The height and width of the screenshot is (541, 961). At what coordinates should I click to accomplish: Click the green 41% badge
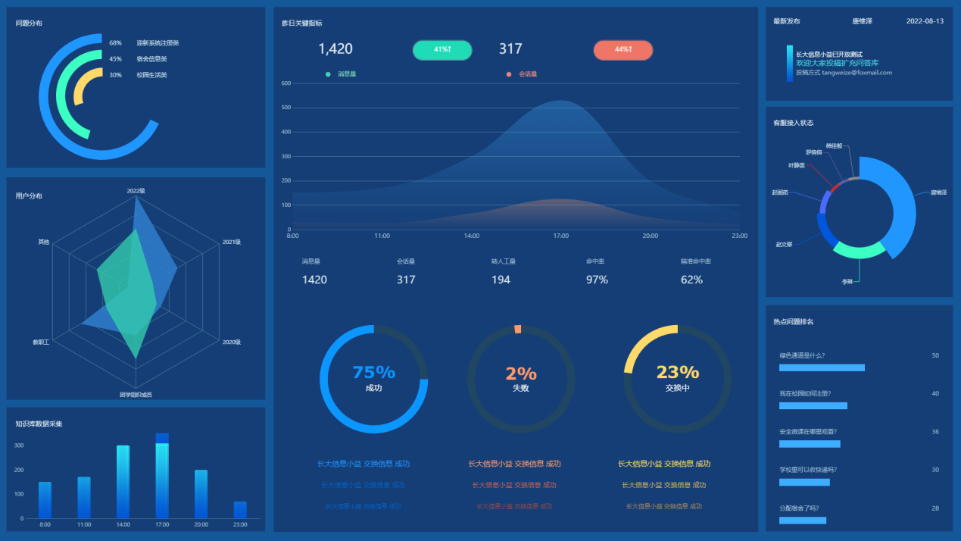pos(442,50)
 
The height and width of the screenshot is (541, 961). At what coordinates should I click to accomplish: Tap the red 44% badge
pos(622,50)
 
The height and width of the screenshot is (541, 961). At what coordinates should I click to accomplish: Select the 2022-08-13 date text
pos(925,21)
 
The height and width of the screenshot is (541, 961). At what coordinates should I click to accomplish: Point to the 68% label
pos(115,43)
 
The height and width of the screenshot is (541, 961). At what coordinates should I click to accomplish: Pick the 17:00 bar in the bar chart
pos(162,476)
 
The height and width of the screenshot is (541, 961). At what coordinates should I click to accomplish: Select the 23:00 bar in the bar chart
pos(240,510)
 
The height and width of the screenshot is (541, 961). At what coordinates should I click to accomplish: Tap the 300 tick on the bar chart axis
pos(20,446)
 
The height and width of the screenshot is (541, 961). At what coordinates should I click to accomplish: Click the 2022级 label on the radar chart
pos(136,191)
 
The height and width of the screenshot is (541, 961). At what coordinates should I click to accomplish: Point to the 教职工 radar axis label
pos(41,342)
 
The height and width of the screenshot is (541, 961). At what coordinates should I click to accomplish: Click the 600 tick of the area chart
pos(285,83)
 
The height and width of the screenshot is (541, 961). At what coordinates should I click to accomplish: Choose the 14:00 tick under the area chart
pos(472,236)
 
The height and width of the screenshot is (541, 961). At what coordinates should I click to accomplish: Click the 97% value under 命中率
pos(597,280)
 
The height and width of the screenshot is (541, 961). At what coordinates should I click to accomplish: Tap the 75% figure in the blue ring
pos(373,372)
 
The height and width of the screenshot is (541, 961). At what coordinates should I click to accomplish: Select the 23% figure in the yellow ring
pos(677,372)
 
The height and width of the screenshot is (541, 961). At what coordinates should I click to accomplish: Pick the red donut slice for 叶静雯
pos(834,187)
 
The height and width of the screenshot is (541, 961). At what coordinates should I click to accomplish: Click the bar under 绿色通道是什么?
pos(822,367)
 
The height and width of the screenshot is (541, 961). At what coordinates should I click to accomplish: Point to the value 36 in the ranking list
pos(935,432)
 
